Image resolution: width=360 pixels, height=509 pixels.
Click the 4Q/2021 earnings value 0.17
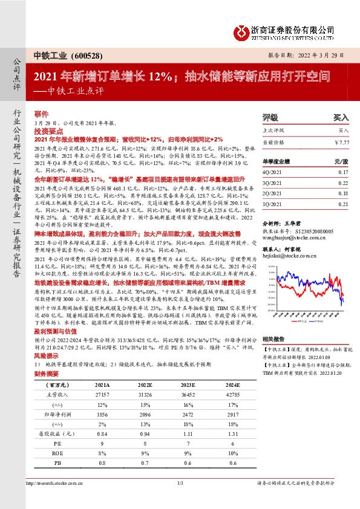click(x=344, y=172)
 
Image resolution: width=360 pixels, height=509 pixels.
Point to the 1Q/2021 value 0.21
click(x=344, y=204)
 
